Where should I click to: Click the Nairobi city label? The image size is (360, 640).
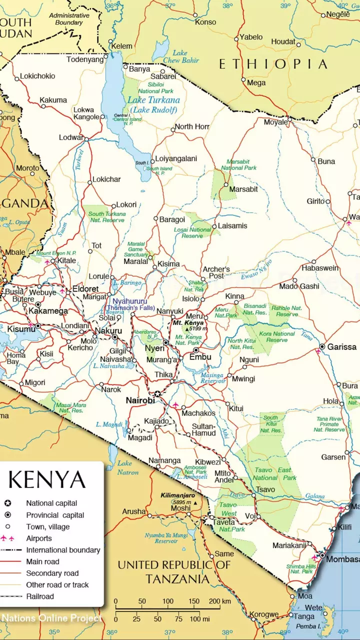139,400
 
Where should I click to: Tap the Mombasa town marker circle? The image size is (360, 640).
322,555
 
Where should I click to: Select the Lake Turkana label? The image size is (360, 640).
154,100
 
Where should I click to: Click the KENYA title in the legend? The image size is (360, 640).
46,479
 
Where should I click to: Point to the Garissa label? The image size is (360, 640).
342,346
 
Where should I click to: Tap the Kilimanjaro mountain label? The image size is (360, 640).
177,495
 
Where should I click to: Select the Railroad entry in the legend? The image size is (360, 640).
40,596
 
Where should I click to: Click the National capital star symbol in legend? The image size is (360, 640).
7,503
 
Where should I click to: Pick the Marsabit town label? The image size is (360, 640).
243,189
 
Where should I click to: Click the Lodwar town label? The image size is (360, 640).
71,137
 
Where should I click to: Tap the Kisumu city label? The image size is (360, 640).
20,329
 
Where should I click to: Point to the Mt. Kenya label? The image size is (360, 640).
188,323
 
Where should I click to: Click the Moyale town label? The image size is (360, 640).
275,122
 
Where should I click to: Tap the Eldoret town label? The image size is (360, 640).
85,289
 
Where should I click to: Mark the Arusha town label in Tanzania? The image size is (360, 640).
134,511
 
